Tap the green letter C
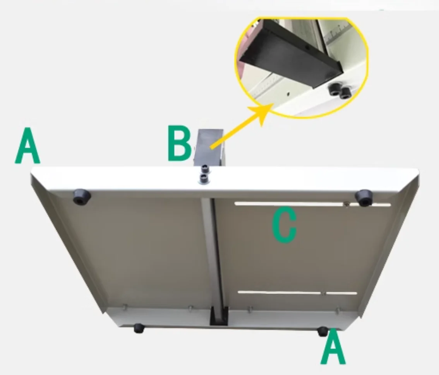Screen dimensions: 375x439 pos(284,227)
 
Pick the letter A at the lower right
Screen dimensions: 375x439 pos(333,350)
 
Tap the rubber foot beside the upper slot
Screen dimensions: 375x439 pos(364,198)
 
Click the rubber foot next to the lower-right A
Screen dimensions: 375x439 pos(322,331)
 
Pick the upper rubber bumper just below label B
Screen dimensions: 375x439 pos(204,169)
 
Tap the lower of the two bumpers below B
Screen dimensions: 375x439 pos(203,178)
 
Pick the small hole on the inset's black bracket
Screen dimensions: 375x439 pos(305,47)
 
